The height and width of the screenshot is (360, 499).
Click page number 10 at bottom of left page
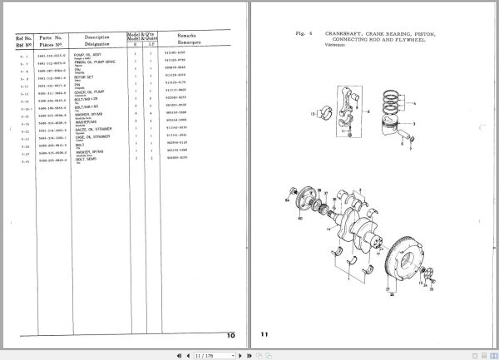click(231, 333)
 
